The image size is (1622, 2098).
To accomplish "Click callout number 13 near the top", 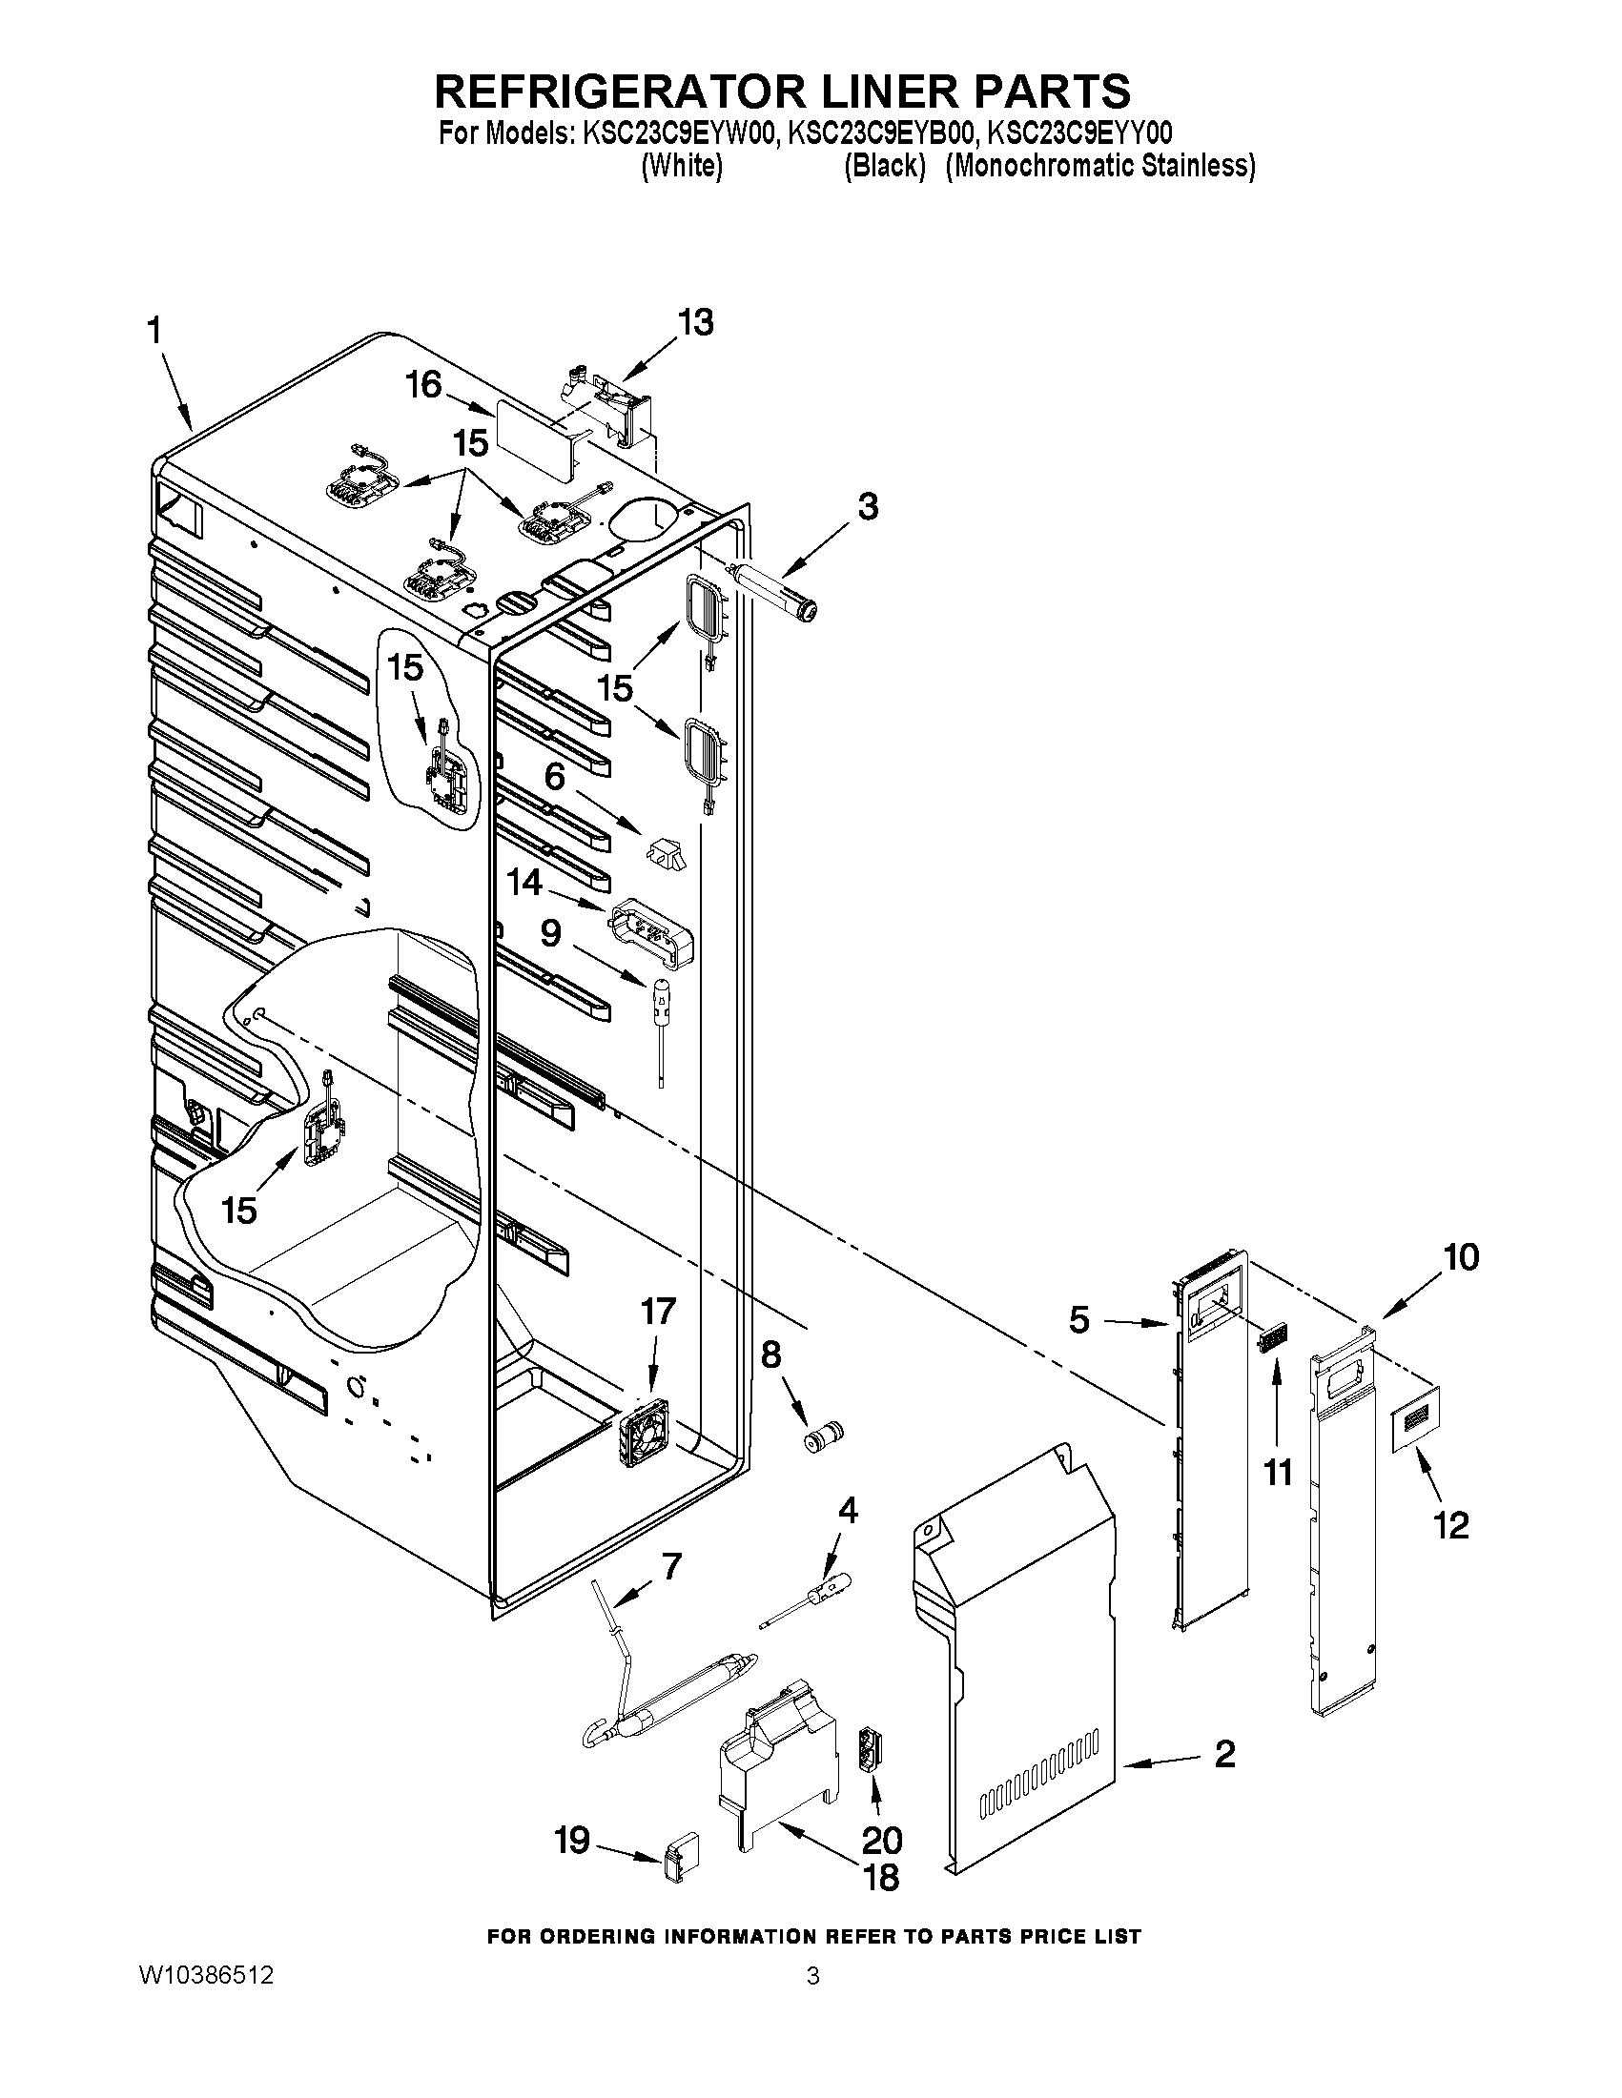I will tap(695, 323).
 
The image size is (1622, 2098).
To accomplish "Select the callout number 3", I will tap(868, 506).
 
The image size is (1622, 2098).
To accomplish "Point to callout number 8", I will tap(770, 1355).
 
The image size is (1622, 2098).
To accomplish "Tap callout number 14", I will tap(524, 883).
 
